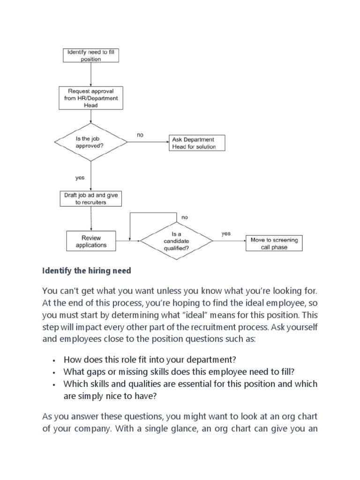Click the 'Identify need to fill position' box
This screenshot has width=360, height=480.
tap(90, 56)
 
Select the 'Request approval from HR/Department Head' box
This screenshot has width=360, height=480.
tap(91, 98)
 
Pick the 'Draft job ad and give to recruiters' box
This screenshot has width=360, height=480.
tap(90, 199)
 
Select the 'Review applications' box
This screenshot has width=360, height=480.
tap(90, 241)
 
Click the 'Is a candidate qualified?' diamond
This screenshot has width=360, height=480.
tap(177, 241)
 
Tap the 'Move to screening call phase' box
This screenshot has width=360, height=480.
tap(274, 243)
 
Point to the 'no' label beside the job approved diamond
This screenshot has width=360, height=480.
tap(140, 135)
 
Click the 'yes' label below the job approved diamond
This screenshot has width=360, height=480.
tap(80, 178)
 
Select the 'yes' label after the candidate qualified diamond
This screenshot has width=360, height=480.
tap(226, 233)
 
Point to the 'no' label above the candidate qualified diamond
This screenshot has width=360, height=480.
tap(184, 217)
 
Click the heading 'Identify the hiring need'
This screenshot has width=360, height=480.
tap(87, 270)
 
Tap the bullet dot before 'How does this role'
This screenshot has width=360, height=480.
tap(55, 360)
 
